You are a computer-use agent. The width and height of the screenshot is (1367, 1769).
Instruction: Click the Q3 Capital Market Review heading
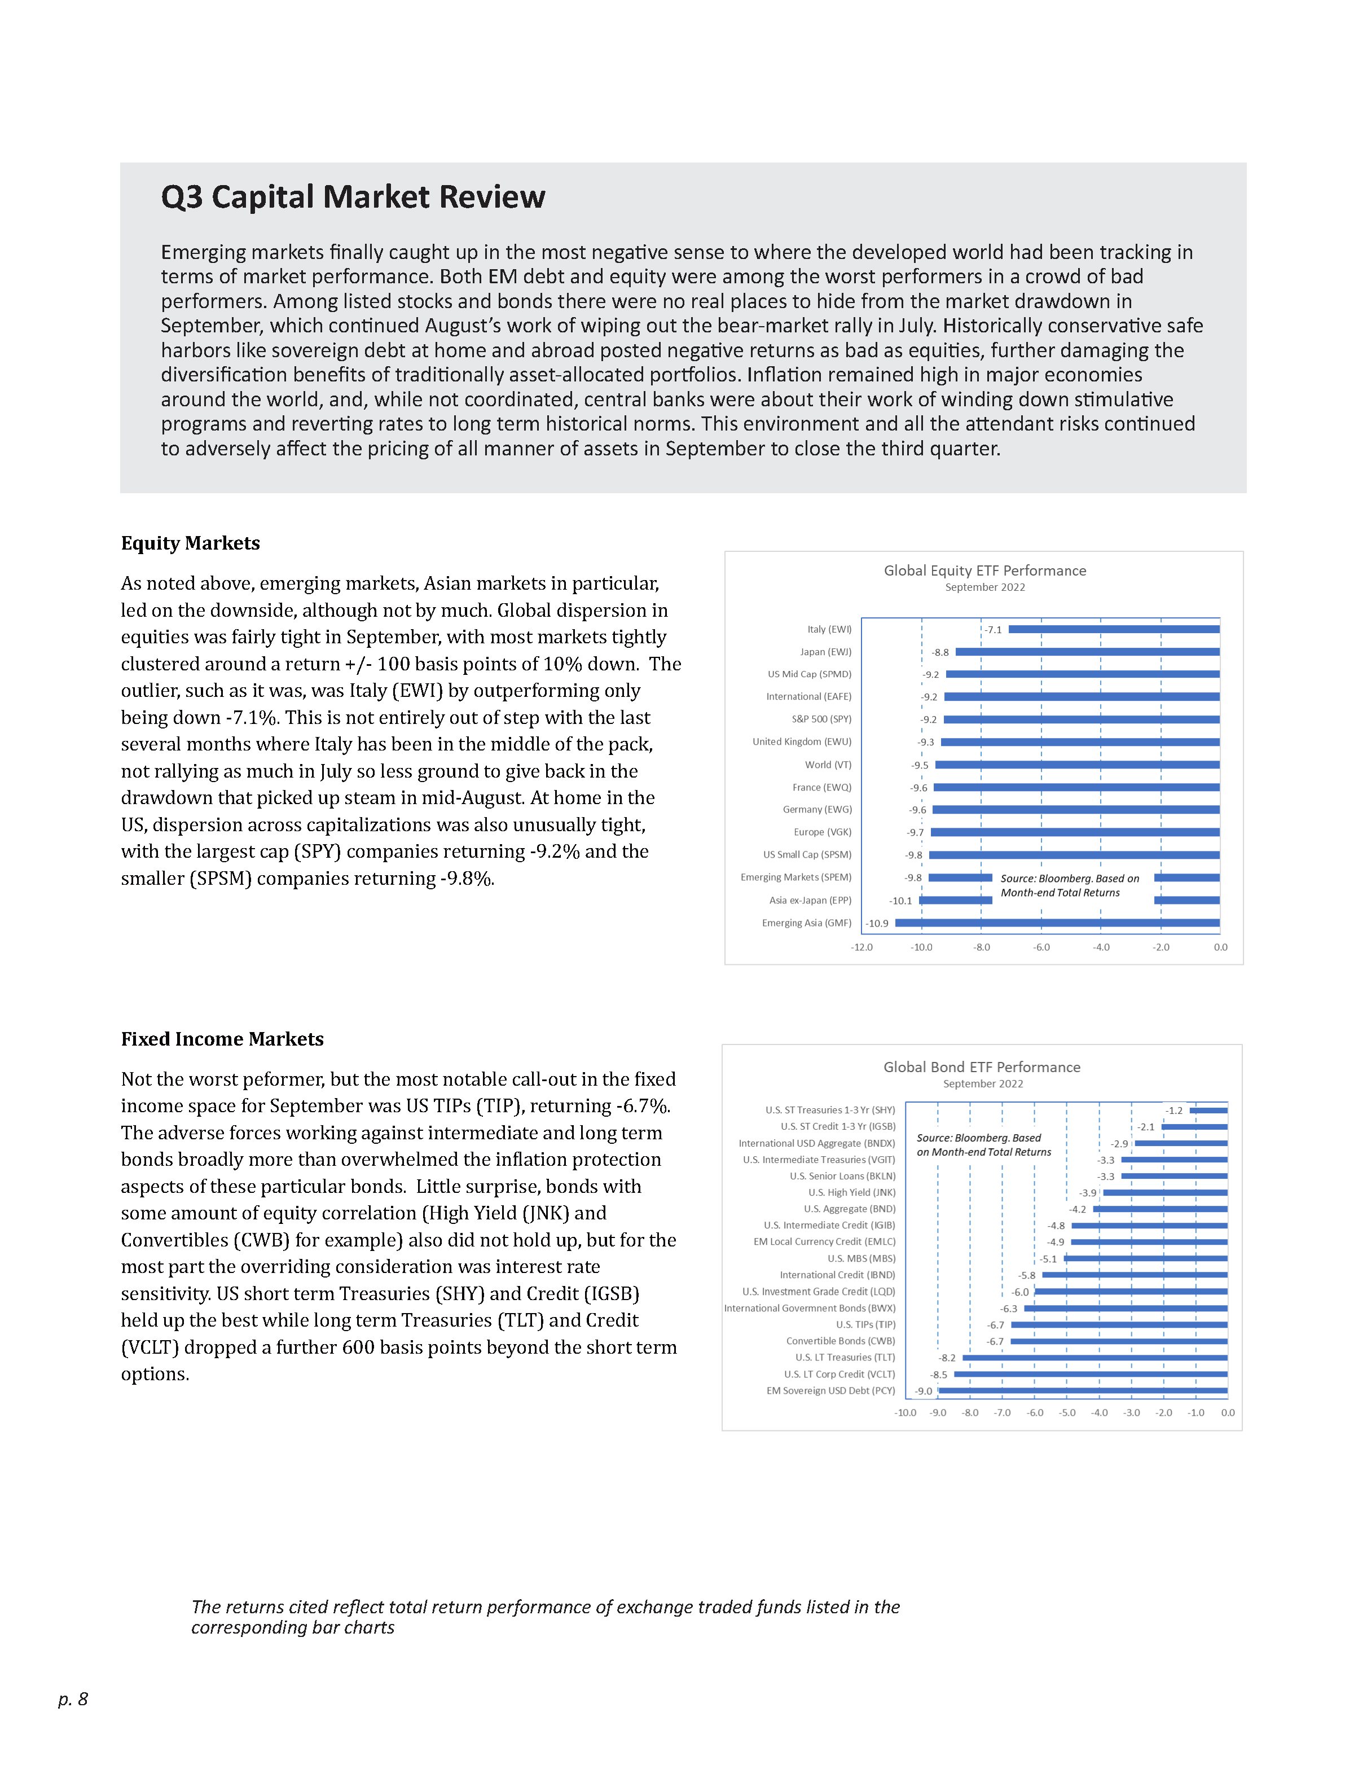[x=353, y=197]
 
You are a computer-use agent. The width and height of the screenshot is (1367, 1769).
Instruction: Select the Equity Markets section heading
[x=190, y=543]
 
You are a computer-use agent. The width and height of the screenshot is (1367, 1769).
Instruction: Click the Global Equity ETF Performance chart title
[x=984, y=570]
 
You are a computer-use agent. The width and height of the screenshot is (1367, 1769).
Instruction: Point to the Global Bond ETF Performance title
[x=982, y=1066]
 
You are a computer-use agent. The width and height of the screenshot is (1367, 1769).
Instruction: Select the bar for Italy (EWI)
[x=1114, y=629]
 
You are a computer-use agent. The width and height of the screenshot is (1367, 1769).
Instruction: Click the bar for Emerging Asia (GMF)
[x=1057, y=923]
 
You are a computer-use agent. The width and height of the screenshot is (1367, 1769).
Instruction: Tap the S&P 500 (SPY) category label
[x=821, y=719]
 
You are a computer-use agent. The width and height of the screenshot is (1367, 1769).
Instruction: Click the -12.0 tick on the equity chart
[x=861, y=947]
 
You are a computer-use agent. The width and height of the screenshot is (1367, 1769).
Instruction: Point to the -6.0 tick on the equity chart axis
[x=1041, y=947]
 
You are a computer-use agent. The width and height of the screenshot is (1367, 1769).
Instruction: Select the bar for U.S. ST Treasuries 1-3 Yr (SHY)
[x=1208, y=1110]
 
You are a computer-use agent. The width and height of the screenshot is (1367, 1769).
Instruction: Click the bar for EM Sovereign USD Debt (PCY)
[x=1083, y=1391]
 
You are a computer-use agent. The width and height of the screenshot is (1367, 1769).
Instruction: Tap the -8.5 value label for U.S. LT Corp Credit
[x=939, y=1375]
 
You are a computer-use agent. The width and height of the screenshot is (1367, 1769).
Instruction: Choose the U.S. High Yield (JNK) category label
[x=851, y=1192]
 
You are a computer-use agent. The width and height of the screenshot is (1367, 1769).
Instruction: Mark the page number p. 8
[x=73, y=1698]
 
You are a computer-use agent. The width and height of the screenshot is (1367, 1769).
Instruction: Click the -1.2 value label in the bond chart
[x=1174, y=1110]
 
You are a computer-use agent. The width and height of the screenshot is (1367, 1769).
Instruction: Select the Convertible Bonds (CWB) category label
[x=841, y=1341]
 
